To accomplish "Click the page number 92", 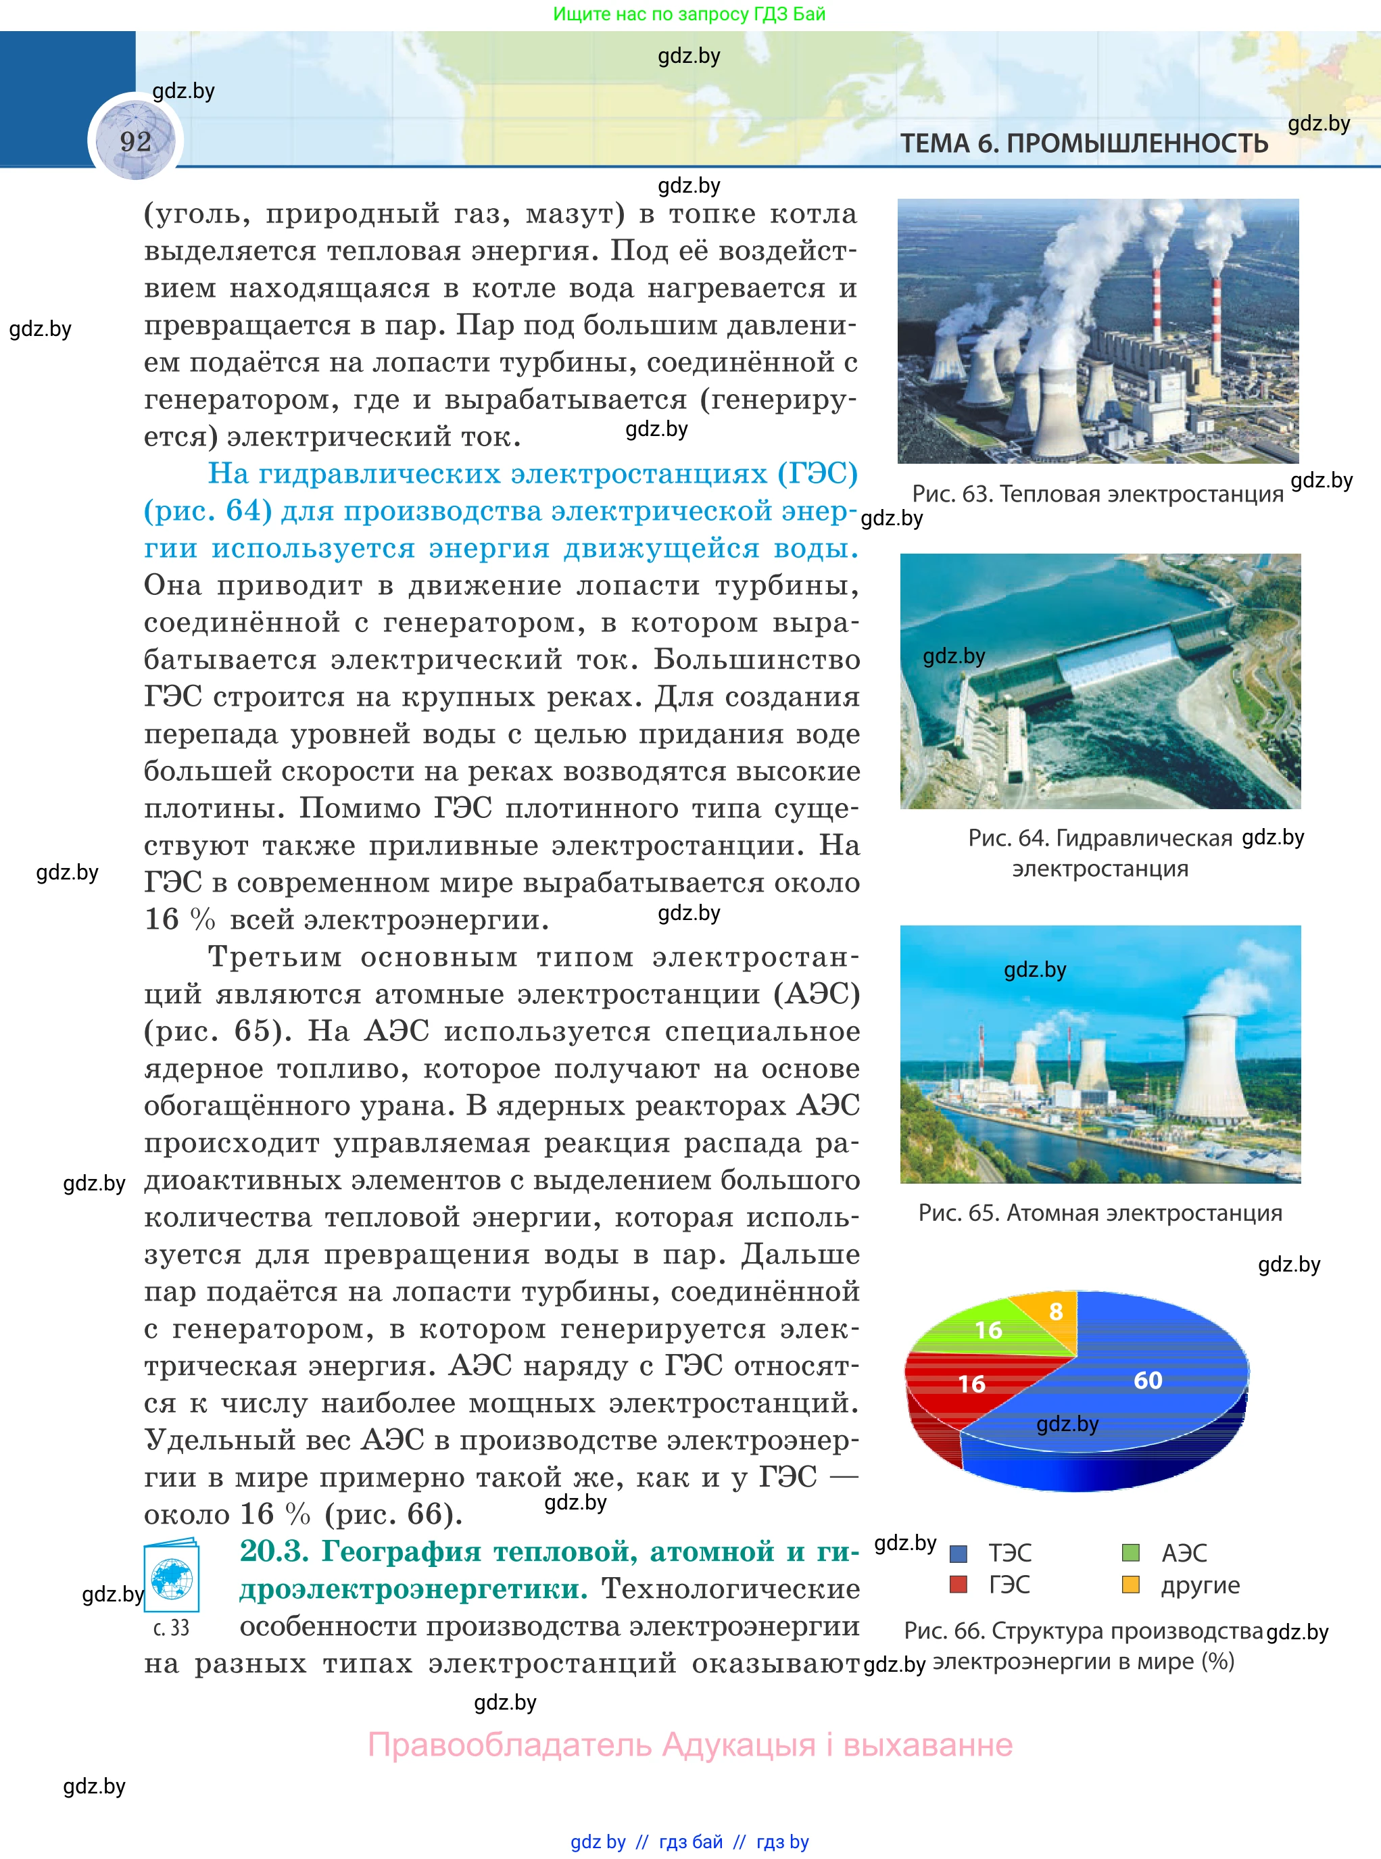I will [135, 141].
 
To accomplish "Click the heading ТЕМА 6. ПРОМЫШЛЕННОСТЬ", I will [1084, 144].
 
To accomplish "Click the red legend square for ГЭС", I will [959, 1584].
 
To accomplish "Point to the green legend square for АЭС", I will [1130, 1553].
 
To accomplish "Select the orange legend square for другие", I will [1130, 1584].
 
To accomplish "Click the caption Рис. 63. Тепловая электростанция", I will [1097, 494].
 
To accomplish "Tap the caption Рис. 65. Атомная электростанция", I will [1099, 1213].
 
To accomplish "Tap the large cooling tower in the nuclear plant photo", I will [1212, 1070].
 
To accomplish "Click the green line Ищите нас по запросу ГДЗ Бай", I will [689, 14].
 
